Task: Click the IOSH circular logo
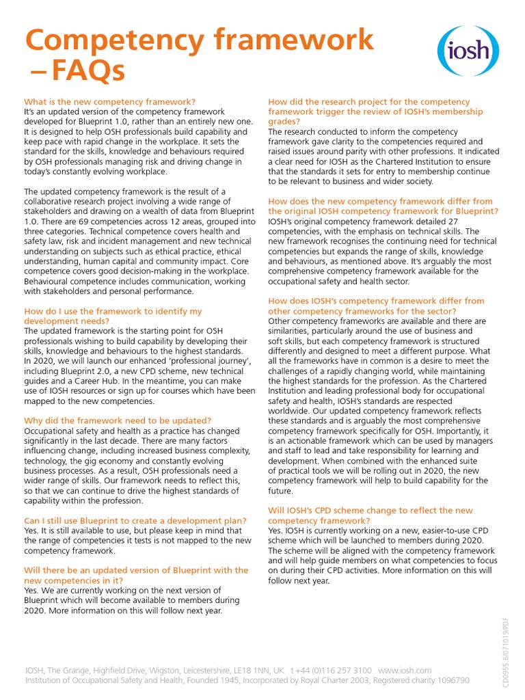click(x=468, y=51)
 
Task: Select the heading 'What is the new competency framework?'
click(x=109, y=102)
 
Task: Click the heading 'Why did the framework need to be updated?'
click(x=118, y=420)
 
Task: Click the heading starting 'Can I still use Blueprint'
click(x=124, y=520)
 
